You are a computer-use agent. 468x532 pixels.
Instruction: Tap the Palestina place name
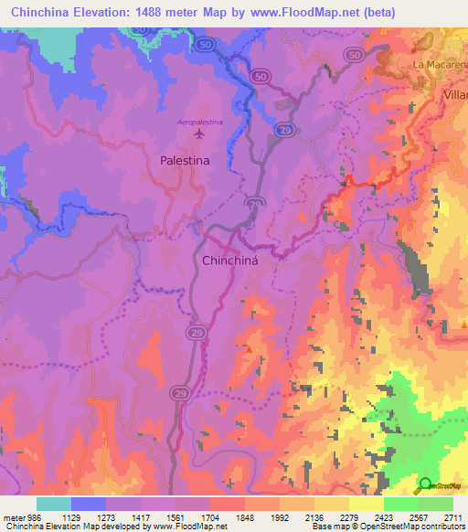[x=185, y=159]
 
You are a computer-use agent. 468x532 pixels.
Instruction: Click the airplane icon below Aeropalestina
[x=200, y=134]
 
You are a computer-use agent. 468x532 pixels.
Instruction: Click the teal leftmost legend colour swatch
[x=54, y=504]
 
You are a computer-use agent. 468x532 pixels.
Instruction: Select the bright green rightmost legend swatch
[x=436, y=504]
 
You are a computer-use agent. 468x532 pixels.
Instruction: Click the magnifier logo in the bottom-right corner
[x=424, y=485]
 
